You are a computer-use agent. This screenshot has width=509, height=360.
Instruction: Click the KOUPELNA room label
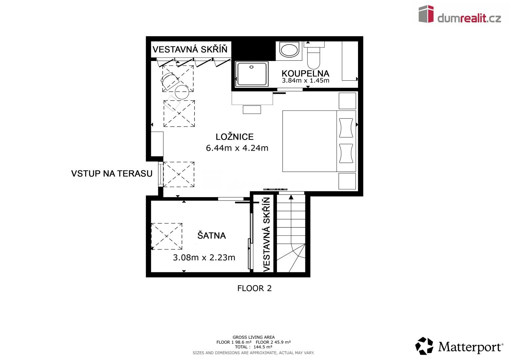[x=305, y=74]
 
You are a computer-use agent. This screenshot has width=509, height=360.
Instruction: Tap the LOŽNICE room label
[x=234, y=137]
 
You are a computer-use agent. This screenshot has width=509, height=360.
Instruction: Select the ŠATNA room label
[x=211, y=236]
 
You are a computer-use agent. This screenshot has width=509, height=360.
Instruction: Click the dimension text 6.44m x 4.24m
[x=237, y=148]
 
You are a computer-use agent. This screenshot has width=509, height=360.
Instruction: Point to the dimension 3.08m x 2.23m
[x=204, y=257]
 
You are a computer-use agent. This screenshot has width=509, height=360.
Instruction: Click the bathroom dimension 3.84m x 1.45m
[x=305, y=81]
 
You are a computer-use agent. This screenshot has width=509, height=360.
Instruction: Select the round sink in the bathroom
[x=289, y=50]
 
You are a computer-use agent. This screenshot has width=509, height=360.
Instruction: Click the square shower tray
[x=252, y=74]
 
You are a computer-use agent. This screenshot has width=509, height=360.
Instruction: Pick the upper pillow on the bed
[x=346, y=128]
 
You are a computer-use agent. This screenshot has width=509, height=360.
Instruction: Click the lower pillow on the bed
[x=346, y=153]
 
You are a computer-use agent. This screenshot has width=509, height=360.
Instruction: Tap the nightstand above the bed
[x=347, y=101]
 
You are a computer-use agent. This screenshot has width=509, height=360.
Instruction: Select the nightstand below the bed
[x=347, y=181]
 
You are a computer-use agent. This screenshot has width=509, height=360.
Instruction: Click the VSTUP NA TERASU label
[x=112, y=174]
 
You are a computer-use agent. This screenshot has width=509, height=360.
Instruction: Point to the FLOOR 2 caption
[x=254, y=288]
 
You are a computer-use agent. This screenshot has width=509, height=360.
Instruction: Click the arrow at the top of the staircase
[x=291, y=197]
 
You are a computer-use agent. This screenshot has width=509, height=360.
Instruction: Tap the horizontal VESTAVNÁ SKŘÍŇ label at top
[x=190, y=50]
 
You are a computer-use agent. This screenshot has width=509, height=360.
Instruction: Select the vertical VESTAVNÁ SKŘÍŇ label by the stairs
[x=266, y=234]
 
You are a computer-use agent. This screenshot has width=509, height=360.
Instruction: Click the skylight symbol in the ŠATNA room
[x=166, y=236]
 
